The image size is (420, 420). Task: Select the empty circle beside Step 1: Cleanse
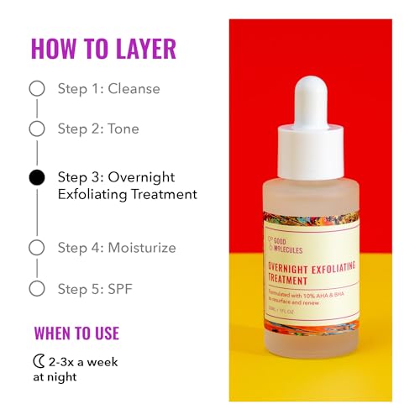pyautogui.click(x=37, y=88)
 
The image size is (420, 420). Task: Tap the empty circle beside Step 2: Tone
pyautogui.click(x=37, y=129)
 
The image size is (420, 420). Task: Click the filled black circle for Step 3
pyautogui.click(x=37, y=177)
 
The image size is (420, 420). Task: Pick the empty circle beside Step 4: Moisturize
pyautogui.click(x=37, y=247)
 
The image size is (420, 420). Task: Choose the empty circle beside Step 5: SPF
pyautogui.click(x=37, y=288)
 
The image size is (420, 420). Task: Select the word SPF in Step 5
pyautogui.click(x=118, y=288)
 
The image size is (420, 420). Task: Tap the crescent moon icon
pyautogui.click(x=39, y=361)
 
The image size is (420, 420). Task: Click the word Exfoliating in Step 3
pyautogui.click(x=91, y=194)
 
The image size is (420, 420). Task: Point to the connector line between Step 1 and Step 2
pyautogui.click(x=37, y=108)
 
